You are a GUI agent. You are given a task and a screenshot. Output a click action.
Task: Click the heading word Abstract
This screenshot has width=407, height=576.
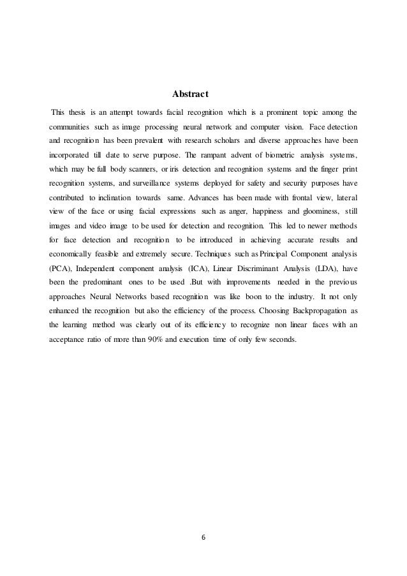191,95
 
